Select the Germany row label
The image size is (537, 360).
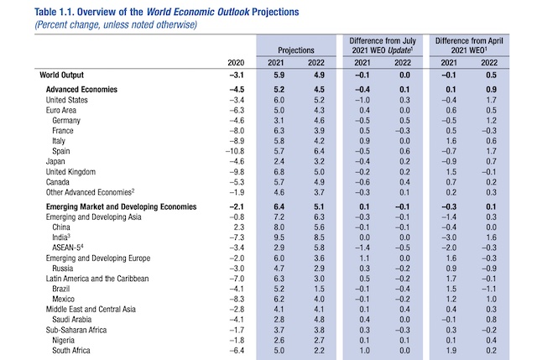tap(69, 122)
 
